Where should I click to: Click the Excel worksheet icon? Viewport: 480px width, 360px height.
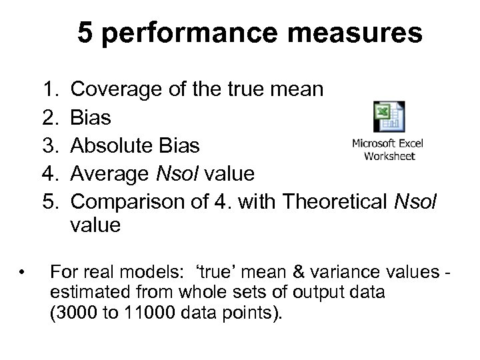[388, 117]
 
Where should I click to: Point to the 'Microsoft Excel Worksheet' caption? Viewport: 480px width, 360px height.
[387, 150]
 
